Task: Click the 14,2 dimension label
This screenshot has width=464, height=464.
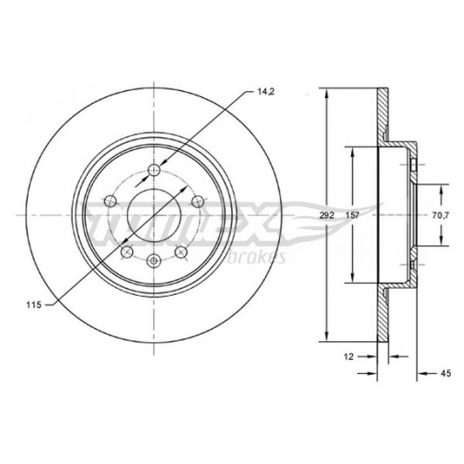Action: point(266,92)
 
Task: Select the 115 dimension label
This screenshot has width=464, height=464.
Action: point(34,305)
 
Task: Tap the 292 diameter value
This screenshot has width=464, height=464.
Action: point(327,215)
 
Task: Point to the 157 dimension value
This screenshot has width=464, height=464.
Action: point(353,215)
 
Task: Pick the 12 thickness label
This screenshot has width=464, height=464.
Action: point(348,356)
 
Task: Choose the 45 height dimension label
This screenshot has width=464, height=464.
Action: point(446,373)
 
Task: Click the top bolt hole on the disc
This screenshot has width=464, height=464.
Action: point(154,170)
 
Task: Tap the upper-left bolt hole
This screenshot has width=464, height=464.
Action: point(111,201)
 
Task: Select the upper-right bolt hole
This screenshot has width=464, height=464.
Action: point(197,201)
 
